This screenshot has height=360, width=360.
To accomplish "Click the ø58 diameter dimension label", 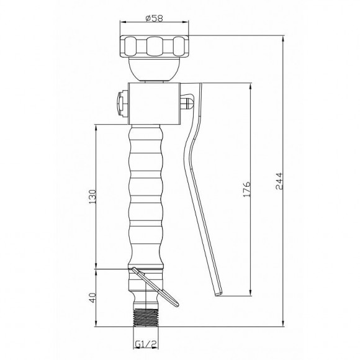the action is click(x=155, y=18).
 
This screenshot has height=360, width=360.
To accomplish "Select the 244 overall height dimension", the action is click(x=279, y=181).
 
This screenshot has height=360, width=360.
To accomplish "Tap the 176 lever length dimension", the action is click(x=246, y=189).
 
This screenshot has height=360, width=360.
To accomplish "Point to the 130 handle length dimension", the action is click(x=92, y=197).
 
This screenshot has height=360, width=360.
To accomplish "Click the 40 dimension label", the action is click(x=92, y=298).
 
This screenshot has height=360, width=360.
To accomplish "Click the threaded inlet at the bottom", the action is click(x=146, y=317).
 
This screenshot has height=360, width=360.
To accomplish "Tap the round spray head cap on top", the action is click(x=155, y=47).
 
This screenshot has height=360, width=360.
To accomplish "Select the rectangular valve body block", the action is click(x=155, y=103).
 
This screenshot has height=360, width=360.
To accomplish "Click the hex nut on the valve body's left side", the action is click(x=122, y=104).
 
